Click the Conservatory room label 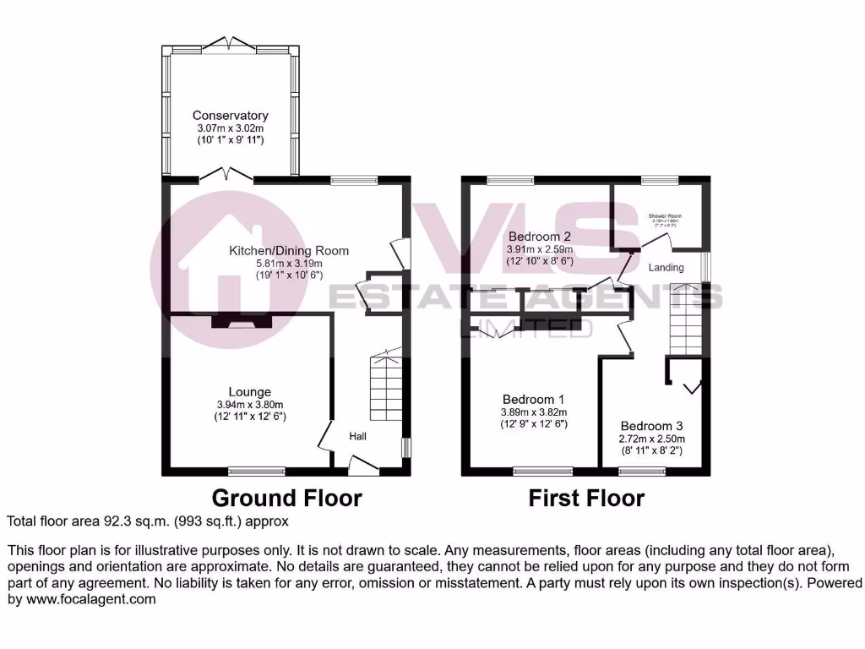(x=230, y=116)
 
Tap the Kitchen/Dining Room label (x=290, y=251)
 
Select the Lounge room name (x=249, y=392)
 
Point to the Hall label (x=358, y=436)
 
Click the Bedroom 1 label (x=533, y=400)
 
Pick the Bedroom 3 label (x=651, y=426)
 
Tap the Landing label (x=666, y=268)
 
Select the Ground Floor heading (x=286, y=498)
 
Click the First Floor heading (x=586, y=499)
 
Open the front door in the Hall (x=363, y=463)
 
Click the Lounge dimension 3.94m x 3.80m (x=249, y=405)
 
